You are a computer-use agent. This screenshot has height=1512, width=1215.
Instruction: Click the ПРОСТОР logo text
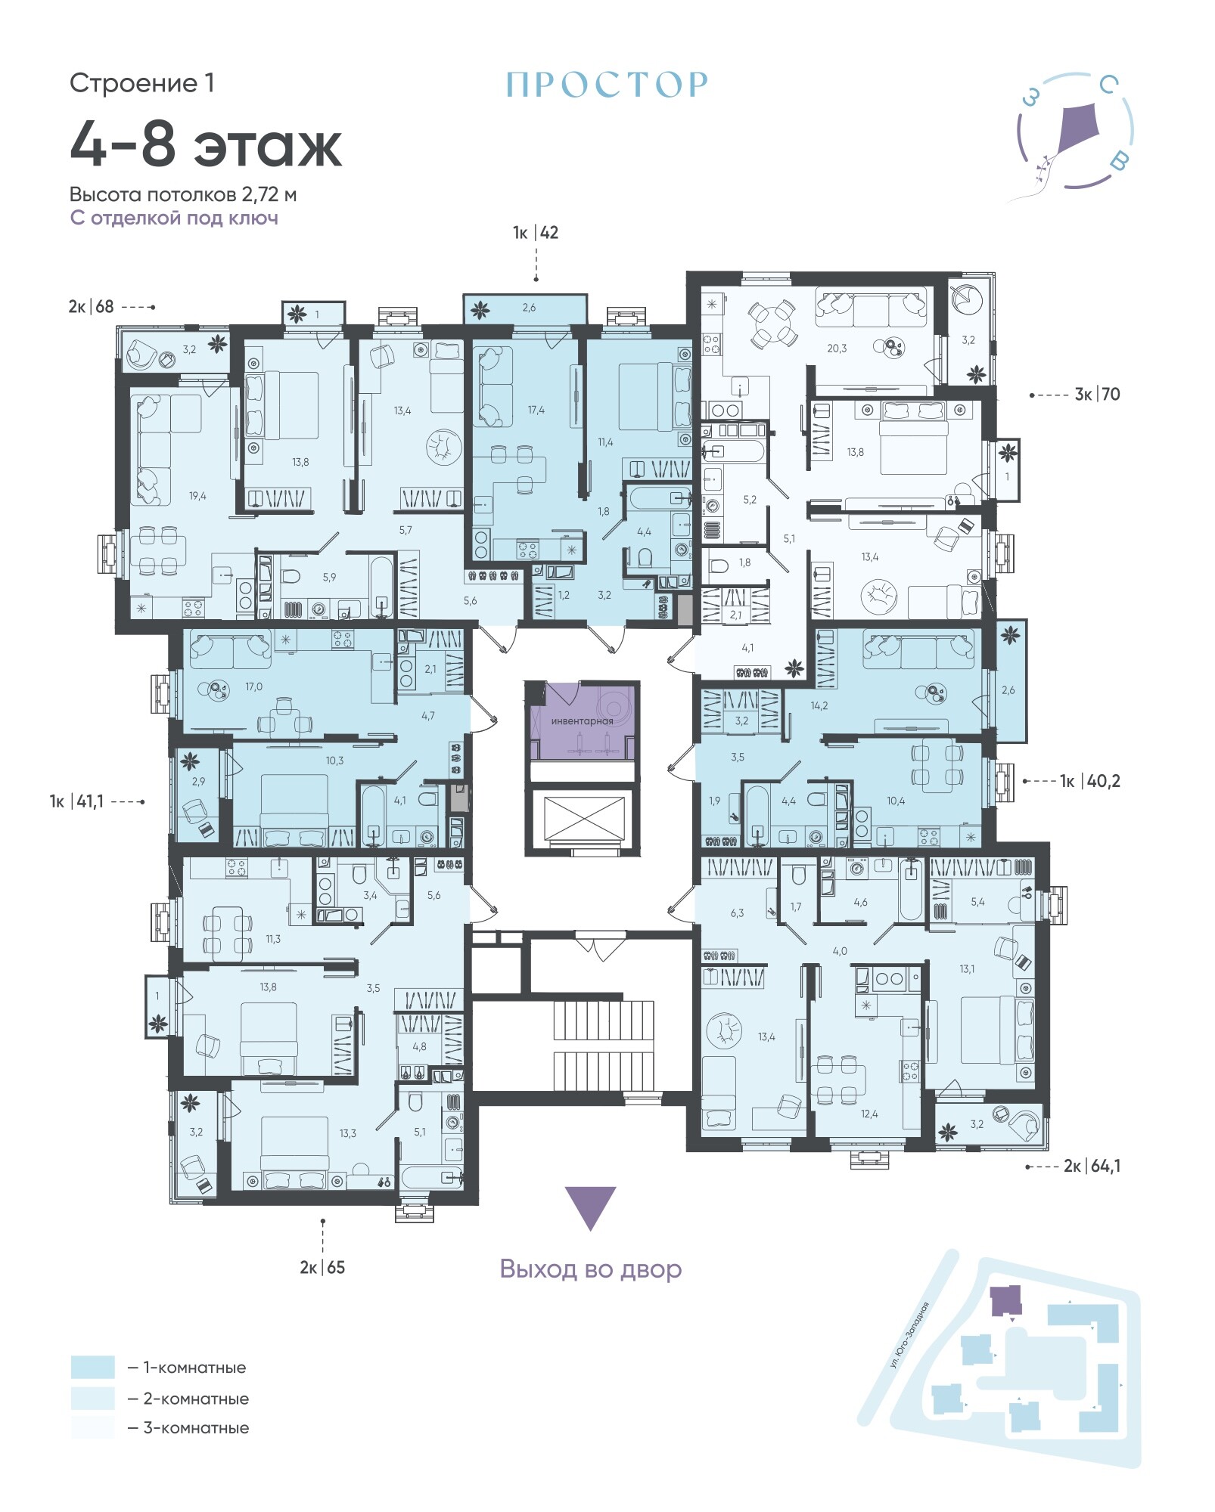607,85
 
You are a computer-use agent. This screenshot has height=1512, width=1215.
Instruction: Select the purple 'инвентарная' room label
582,721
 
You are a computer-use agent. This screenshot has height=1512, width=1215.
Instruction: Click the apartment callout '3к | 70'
1097,394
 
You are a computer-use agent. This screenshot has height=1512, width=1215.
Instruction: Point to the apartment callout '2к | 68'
91,306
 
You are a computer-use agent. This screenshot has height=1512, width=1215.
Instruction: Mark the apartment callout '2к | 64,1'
1092,1166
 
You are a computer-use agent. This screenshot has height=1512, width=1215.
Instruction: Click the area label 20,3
837,349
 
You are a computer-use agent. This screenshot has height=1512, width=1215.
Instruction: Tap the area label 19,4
197,496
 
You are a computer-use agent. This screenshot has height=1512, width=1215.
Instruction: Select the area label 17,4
536,410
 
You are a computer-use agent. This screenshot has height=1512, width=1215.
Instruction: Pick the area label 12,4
869,1114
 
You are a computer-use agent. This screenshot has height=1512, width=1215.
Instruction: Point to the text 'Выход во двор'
591,1269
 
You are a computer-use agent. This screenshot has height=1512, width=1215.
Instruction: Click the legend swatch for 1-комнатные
93,1367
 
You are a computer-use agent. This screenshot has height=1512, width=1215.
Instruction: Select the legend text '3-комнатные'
196,1428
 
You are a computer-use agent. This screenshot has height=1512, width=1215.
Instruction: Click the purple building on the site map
1006,1300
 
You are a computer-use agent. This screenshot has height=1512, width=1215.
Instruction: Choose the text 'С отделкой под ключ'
174,218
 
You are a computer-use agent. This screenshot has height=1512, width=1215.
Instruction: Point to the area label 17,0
254,686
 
